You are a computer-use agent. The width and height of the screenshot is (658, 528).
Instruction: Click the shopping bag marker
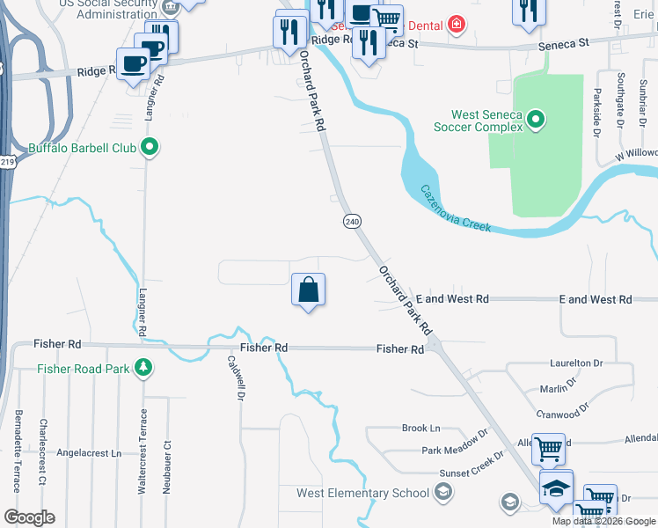(309, 290)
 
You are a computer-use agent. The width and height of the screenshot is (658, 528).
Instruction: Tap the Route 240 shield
(352, 222)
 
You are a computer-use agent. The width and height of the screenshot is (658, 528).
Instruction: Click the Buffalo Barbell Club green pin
(150, 148)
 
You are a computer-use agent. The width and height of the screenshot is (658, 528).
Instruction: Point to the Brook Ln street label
(420, 429)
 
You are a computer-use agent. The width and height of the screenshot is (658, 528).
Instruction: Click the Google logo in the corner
(29, 517)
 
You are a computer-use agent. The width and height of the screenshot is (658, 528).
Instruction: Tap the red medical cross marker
(456, 24)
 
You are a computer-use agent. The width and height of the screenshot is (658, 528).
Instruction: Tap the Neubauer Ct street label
(165, 466)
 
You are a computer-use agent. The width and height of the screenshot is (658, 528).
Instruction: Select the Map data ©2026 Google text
(603, 521)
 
